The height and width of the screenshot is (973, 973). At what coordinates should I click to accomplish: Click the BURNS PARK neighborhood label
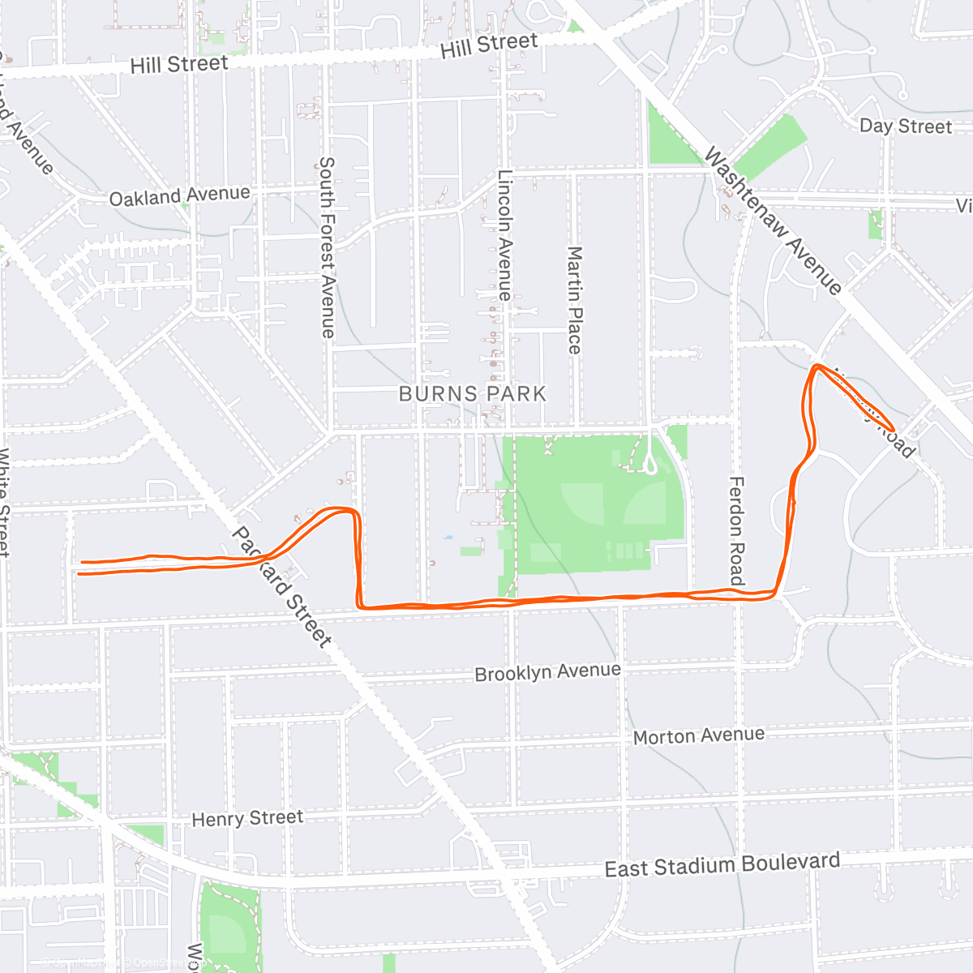click(x=473, y=394)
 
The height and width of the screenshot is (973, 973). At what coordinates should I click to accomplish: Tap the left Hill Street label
click(x=179, y=64)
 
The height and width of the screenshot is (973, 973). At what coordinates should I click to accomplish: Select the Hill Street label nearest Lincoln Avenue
click(x=489, y=45)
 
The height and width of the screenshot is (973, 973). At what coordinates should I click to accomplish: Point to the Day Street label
click(x=905, y=126)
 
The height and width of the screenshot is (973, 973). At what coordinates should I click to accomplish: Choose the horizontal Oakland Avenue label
click(x=179, y=195)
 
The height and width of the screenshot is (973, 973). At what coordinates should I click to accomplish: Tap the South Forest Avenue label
click(x=326, y=247)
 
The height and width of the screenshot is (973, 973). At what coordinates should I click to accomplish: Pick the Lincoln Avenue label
click(x=504, y=235)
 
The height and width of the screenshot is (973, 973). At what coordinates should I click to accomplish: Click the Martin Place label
click(x=574, y=300)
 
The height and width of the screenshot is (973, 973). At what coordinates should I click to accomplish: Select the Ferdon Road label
click(x=736, y=531)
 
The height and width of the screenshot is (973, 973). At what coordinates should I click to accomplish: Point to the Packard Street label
click(x=281, y=587)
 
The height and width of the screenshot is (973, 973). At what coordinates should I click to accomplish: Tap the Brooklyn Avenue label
click(x=547, y=673)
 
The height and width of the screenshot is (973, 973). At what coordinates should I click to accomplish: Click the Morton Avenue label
click(x=698, y=736)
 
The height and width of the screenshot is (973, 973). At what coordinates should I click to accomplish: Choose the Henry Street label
click(x=247, y=819)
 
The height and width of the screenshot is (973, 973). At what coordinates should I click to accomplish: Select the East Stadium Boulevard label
click(x=722, y=864)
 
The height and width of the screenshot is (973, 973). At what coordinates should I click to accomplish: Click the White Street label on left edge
click(x=4, y=503)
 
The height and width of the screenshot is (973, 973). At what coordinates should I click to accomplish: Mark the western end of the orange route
click(x=79, y=568)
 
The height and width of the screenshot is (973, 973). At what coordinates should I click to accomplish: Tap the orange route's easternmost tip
click(x=894, y=429)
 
